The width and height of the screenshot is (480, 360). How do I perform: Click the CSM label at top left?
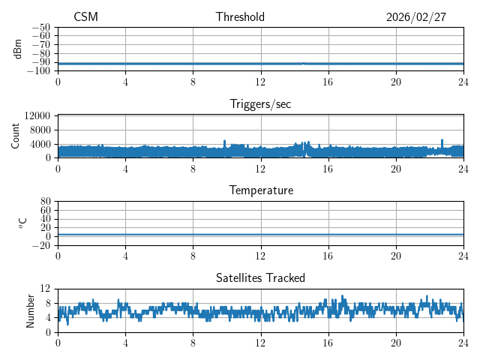pyautogui.click(x=85, y=17)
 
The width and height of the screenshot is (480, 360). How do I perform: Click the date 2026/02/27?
pyautogui.click(x=416, y=17)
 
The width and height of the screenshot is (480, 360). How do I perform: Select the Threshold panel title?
pyautogui.click(x=240, y=17)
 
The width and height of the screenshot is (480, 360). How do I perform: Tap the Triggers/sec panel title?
pyautogui.click(x=260, y=104)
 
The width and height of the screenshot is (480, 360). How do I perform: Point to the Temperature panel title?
pyautogui.click(x=260, y=190)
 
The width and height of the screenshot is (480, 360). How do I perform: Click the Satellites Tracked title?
pyautogui.click(x=260, y=277)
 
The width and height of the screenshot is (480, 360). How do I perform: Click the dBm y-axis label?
pyautogui.click(x=17, y=49)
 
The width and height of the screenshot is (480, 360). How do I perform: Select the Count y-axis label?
pyautogui.click(x=15, y=136)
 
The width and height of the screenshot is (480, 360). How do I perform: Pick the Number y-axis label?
pyautogui.click(x=30, y=310)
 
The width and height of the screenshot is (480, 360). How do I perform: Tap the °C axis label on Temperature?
pyautogui.click(x=22, y=223)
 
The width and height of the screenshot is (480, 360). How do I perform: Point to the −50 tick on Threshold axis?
pyautogui.click(x=40, y=27)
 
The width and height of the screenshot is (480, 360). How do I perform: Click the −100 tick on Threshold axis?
pyautogui.click(x=38, y=70)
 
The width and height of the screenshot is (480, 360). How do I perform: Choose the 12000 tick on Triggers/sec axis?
pyautogui.click(x=37, y=115)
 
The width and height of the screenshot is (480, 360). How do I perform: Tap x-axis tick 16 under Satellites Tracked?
pyautogui.click(x=328, y=343)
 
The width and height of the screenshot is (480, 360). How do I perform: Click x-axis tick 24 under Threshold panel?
pyautogui.click(x=463, y=82)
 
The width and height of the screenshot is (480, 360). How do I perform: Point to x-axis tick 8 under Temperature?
pyautogui.click(x=193, y=256)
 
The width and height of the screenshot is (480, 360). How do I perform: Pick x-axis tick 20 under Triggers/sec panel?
pyautogui.click(x=395, y=169)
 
